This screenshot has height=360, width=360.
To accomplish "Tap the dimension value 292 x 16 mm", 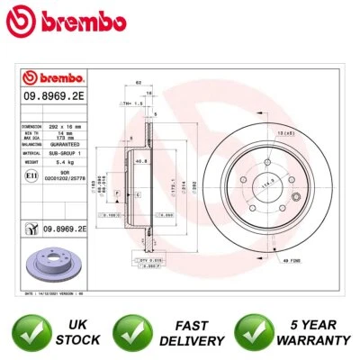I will coord(71,127).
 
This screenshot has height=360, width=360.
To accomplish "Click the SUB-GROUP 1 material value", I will coord(71,152).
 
